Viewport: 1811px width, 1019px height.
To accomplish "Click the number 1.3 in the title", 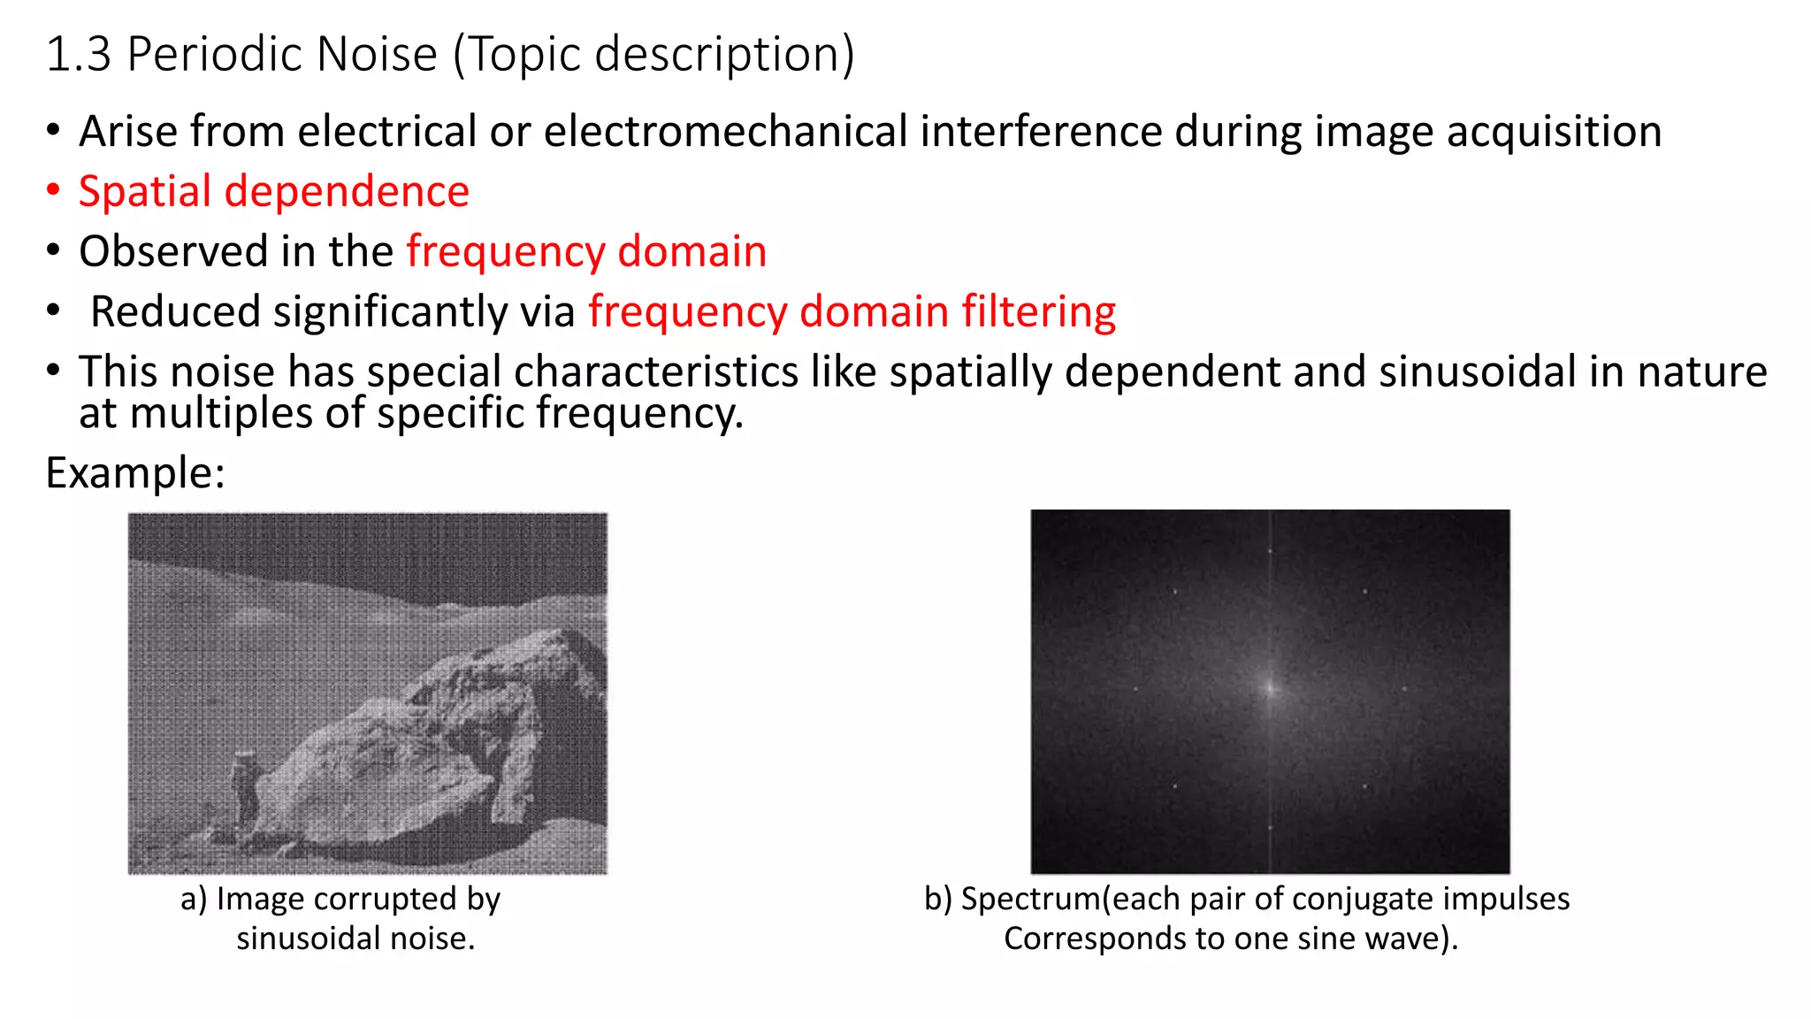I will pos(79,55).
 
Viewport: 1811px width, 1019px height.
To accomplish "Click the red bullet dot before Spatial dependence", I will pos(54,190).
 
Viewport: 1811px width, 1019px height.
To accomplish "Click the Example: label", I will pos(135,473).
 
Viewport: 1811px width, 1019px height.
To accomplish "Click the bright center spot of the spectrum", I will pos(1271,687).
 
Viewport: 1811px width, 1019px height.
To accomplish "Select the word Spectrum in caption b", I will pos(1030,899).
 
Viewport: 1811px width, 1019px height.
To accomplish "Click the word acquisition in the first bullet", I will pos(1554,132).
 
